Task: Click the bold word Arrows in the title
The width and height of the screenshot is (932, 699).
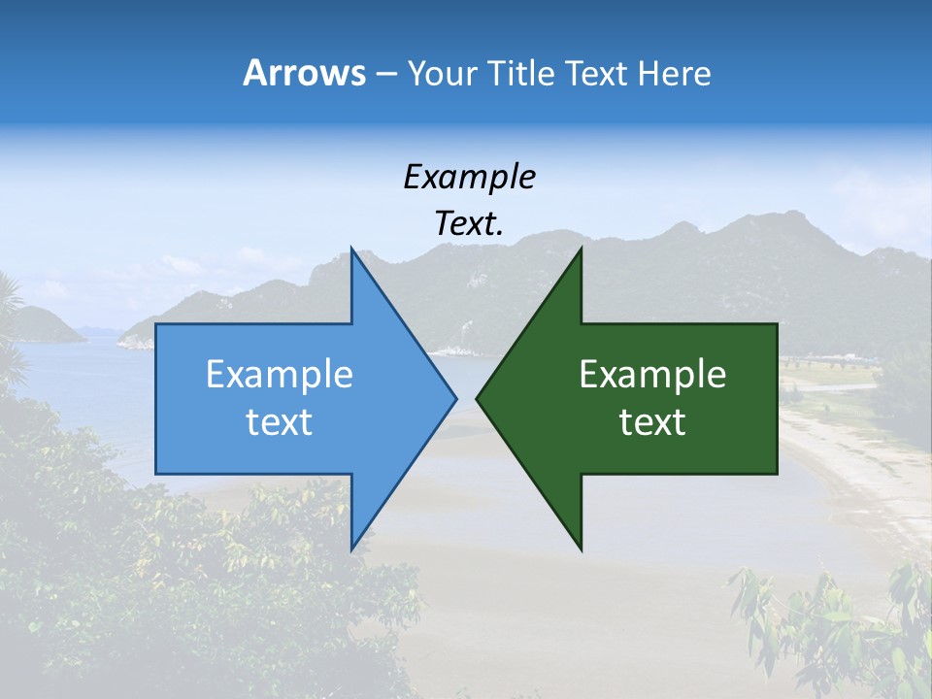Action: (304, 73)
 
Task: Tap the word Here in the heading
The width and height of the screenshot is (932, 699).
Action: (674, 73)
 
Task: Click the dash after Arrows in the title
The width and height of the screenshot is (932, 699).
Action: (385, 75)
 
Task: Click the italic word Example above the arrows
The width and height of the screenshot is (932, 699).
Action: (469, 177)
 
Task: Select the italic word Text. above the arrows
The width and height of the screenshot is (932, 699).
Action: (469, 223)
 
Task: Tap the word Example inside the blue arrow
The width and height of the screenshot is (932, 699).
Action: (280, 374)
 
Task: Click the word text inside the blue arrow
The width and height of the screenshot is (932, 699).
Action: (280, 421)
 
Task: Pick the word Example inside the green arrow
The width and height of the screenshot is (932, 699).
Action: (652, 374)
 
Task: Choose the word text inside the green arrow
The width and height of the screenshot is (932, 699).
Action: (652, 421)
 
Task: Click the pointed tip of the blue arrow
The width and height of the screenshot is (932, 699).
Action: (455, 398)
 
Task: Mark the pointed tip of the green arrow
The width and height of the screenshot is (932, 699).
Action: (477, 398)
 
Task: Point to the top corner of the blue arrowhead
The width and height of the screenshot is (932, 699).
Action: (351, 249)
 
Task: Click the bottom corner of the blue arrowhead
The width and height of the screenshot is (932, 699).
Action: (351, 549)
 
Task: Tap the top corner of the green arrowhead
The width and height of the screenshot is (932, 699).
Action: (581, 249)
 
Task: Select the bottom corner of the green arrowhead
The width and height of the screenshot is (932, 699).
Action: (581, 549)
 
